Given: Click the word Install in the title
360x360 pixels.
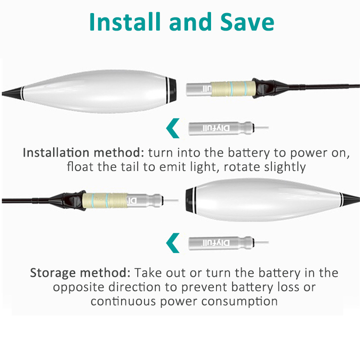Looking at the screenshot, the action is (125, 22).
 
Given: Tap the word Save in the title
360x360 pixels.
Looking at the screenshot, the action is (247, 22).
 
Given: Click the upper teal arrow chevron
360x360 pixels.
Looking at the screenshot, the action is (173, 128).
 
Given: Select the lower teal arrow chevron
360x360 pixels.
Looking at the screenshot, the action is (173, 243).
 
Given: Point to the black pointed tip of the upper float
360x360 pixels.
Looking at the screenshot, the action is (12, 93).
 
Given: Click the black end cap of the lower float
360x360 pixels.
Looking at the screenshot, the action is (190, 200).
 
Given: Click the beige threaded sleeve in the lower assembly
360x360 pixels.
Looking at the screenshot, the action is (105, 200).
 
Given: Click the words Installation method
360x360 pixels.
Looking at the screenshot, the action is (84, 153).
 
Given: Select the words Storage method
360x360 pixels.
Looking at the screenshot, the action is (81, 273).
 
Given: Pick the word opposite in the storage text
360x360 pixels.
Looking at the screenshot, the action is (78, 288).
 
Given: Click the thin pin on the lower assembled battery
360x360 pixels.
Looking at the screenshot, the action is (171, 200).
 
